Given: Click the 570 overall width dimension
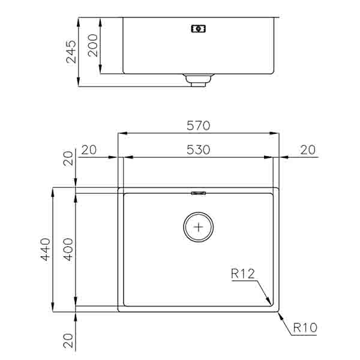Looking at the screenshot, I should coord(198,126).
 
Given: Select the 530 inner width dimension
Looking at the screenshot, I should coord(198,150).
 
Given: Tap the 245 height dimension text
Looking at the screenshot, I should coord(71,52).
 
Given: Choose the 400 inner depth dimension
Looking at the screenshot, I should coord(67,249).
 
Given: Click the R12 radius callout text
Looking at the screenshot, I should coord(243,274).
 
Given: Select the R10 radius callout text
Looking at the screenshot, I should coord(305,328).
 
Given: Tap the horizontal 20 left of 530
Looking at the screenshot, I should coord(89,150).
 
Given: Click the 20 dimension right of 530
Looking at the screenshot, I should coord(307,150).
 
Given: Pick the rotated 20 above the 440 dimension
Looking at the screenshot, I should coord(67,158).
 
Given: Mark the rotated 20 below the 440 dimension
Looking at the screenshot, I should coord(67,341).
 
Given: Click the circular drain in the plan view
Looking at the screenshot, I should coord(198,227).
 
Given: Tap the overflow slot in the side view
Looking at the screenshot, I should coord(198,28).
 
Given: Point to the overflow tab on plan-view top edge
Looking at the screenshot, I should coord(198,193).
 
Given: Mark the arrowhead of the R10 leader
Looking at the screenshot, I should coord(281,314).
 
